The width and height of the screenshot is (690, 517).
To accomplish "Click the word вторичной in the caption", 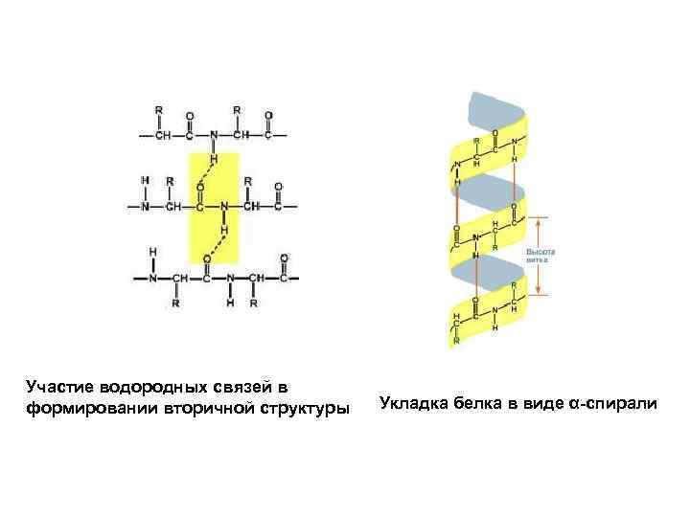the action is point(208,409).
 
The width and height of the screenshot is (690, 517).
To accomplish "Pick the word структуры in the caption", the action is point(301,409).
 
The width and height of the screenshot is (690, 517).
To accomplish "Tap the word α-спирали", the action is point(612,402).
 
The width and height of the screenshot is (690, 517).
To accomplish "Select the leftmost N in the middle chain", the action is point(146,206).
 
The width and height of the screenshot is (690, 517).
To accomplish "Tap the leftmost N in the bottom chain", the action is point(151,280).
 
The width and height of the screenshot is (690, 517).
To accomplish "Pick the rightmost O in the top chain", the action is point(268,116).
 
